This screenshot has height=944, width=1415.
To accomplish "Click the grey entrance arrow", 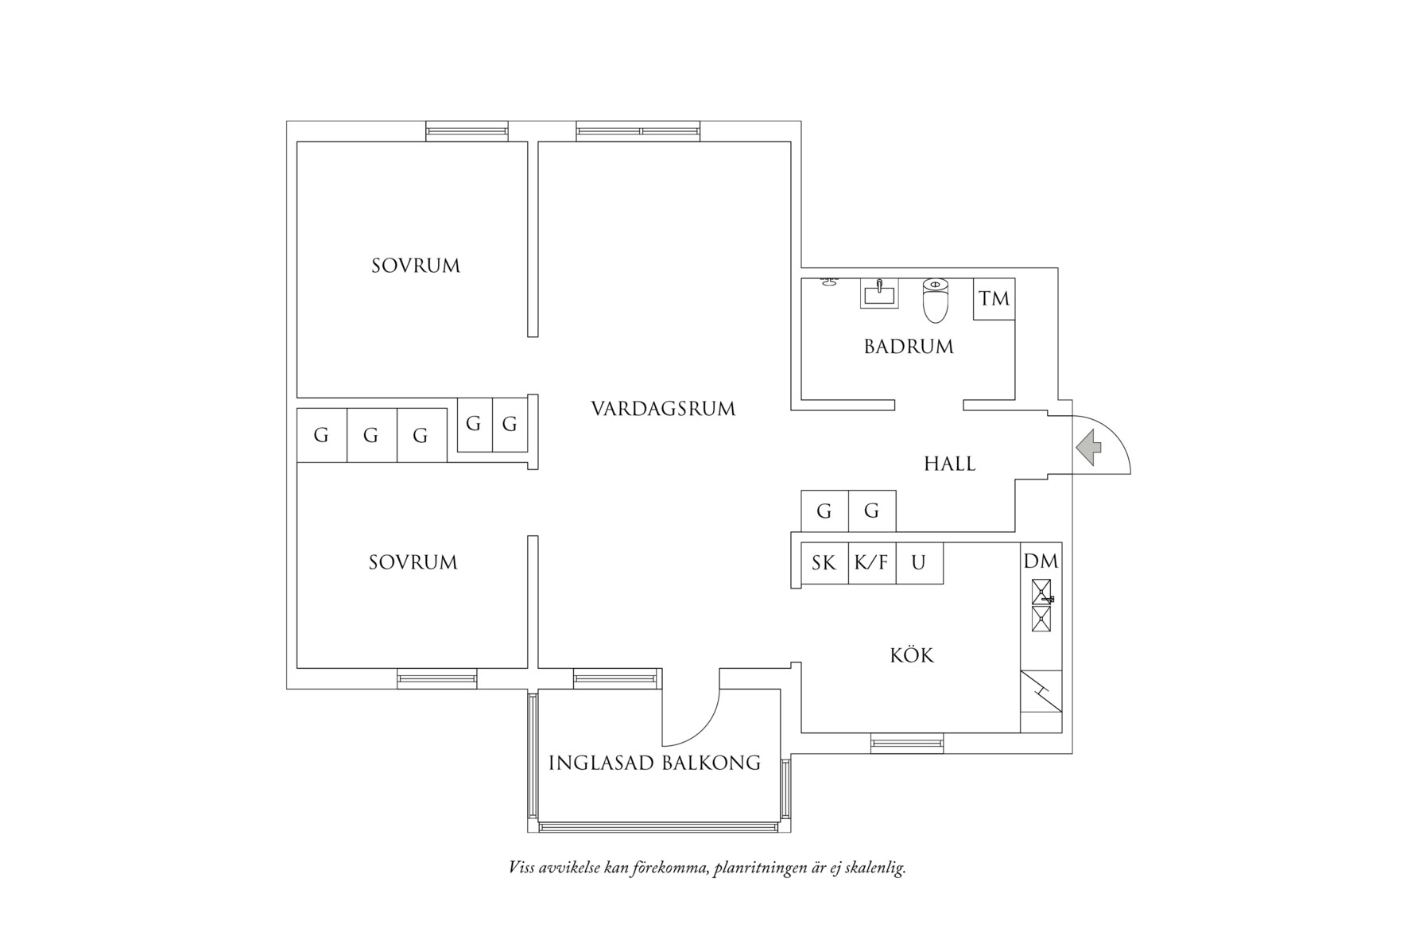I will [x=1090, y=447].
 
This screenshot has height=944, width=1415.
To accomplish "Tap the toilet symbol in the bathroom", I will [x=936, y=300].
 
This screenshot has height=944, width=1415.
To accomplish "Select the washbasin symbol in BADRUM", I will [x=879, y=294].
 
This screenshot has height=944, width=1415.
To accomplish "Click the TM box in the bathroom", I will [x=994, y=299].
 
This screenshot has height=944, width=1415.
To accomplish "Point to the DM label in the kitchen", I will [x=1041, y=561].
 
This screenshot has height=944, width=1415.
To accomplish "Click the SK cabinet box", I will [x=824, y=563].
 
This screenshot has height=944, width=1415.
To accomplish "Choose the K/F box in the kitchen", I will [x=871, y=563].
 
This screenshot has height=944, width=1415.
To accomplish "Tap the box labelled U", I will [x=919, y=563].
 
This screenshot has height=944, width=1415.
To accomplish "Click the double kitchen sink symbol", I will [x=1041, y=605].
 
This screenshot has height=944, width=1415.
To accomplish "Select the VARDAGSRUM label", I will [x=663, y=409].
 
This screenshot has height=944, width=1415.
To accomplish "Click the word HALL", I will [x=950, y=464].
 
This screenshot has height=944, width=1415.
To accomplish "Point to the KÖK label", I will [x=912, y=656].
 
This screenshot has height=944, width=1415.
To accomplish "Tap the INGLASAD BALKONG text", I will [x=654, y=763].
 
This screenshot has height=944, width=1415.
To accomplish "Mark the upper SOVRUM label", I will [x=416, y=266].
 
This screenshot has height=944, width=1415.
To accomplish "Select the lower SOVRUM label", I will [x=413, y=563].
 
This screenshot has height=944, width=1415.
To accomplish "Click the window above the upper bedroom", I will [x=467, y=131].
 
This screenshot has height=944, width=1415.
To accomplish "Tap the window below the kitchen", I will [x=907, y=744].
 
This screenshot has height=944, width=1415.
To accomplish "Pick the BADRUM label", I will [x=909, y=347].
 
